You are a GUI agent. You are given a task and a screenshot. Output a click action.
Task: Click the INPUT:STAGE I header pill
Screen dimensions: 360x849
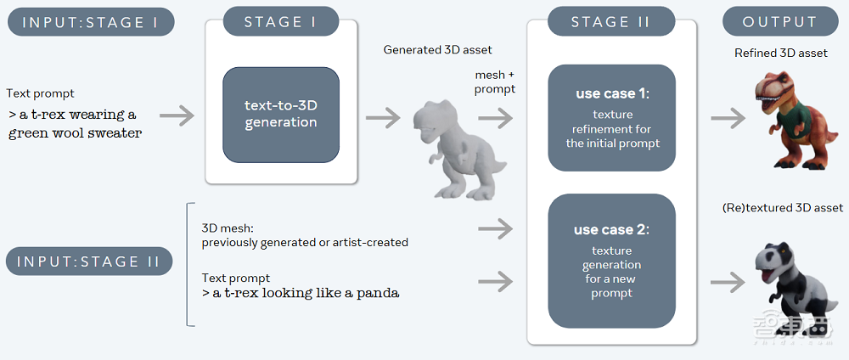tap(91, 22)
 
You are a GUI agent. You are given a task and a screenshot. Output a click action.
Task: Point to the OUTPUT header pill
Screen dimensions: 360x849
tap(779, 22)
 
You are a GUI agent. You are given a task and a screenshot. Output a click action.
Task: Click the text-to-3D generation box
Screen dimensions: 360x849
tap(281, 115)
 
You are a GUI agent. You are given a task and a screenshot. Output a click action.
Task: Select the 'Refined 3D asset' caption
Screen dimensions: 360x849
tap(781, 53)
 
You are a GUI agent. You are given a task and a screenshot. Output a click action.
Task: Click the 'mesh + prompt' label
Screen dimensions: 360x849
tap(495, 82)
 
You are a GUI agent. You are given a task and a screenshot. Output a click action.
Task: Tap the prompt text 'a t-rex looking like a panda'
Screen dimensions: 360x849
tap(301, 293)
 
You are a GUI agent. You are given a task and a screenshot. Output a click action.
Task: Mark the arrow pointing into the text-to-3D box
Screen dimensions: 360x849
tap(176, 115)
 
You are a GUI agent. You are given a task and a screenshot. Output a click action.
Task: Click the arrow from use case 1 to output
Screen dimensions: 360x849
tap(727, 117)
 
